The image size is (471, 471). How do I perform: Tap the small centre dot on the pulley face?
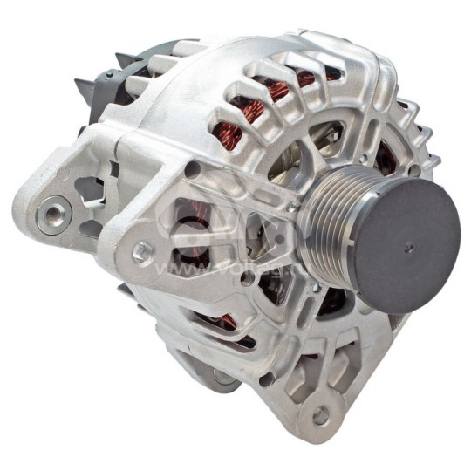pos(407,248)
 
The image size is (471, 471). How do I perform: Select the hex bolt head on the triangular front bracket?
pos(142,251)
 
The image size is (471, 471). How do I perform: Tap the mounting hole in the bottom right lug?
pos(320,413)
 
